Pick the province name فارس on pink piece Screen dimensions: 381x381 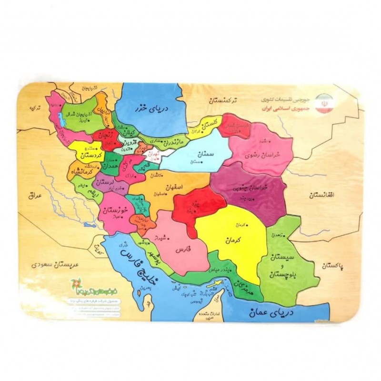click(x=183, y=249)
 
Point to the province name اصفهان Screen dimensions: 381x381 click(x=173, y=188)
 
